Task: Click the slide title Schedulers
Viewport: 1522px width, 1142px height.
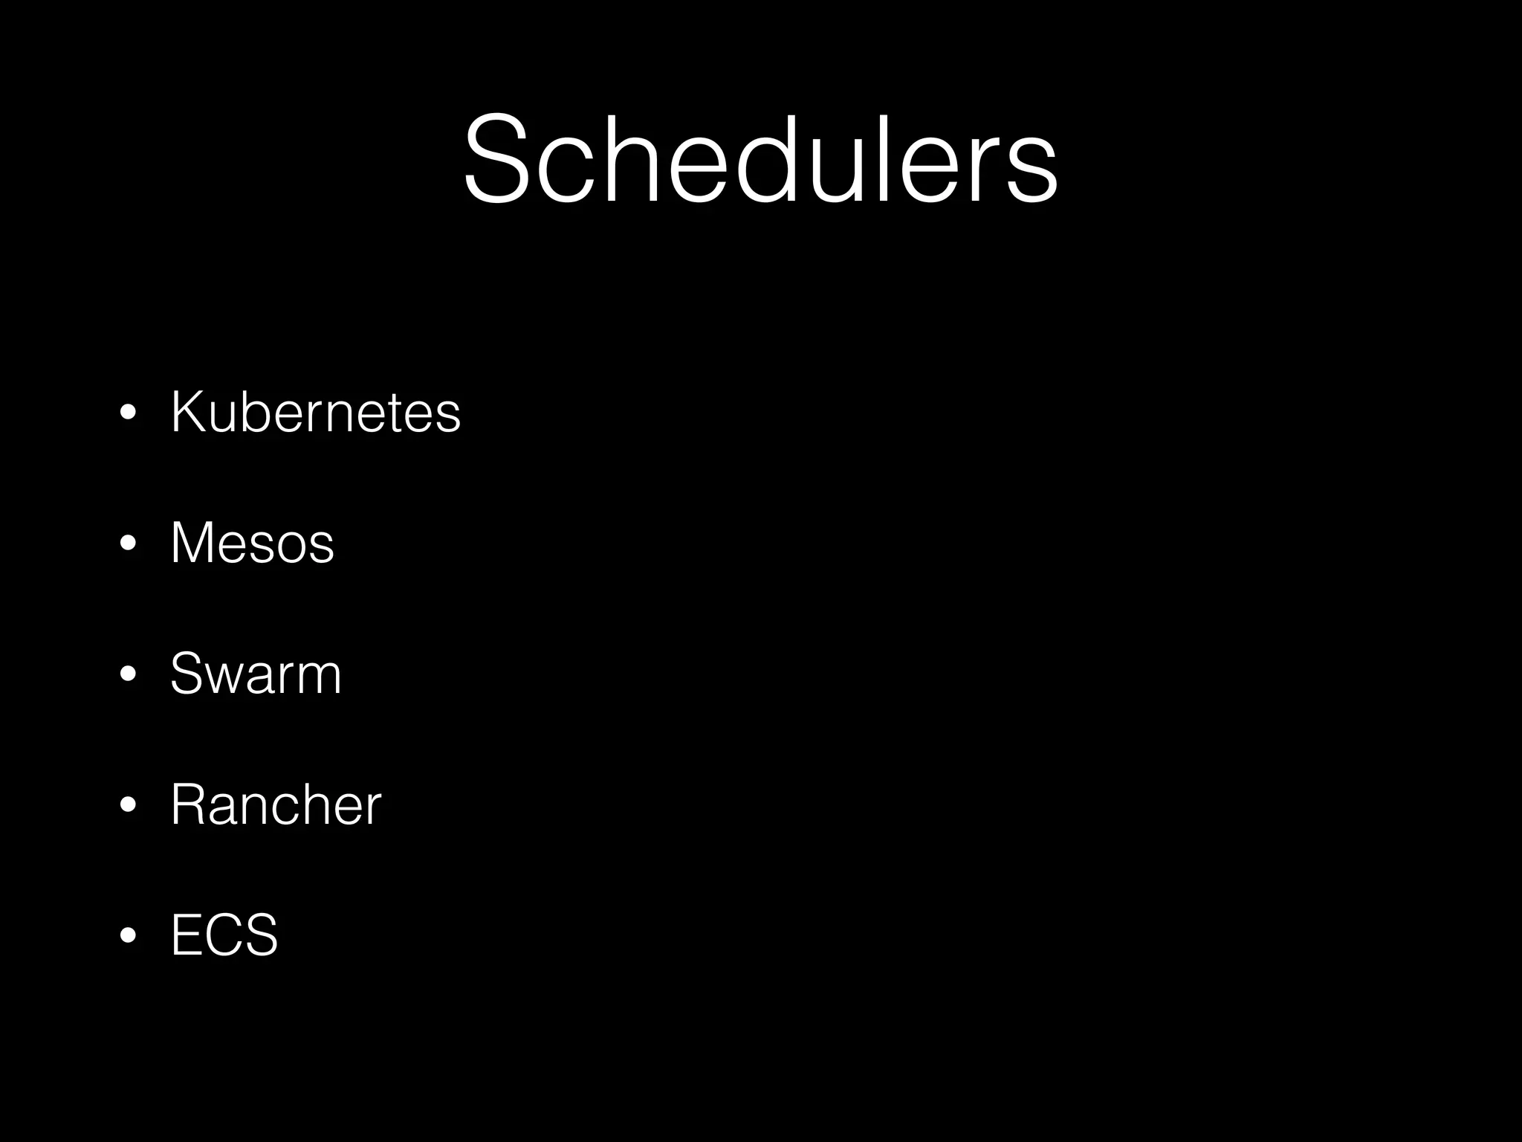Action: click(x=760, y=158)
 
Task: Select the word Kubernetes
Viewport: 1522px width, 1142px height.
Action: click(x=315, y=412)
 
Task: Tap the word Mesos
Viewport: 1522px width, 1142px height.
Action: click(x=252, y=543)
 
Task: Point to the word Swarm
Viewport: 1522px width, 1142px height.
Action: click(x=256, y=674)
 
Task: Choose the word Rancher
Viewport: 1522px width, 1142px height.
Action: click(x=275, y=804)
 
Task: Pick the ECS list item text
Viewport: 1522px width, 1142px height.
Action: click(x=224, y=935)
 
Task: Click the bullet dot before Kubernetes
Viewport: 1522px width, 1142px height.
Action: click(x=128, y=413)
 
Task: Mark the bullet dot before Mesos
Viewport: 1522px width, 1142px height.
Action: click(x=128, y=544)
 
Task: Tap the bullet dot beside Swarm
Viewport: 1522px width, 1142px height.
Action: click(x=128, y=675)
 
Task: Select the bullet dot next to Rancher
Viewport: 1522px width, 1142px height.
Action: click(x=128, y=806)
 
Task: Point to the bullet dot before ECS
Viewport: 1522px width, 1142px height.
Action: click(x=128, y=936)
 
